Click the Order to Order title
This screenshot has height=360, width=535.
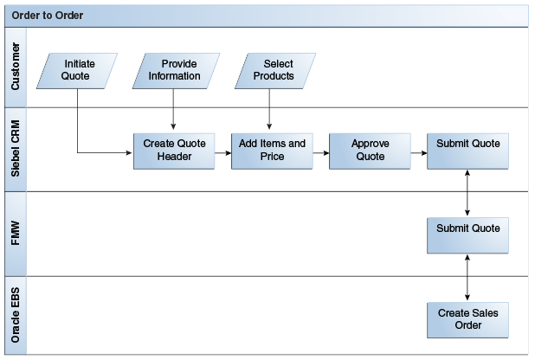pos(48,15)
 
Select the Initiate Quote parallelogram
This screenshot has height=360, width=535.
pos(78,70)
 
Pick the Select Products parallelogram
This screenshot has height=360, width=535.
pos(273,70)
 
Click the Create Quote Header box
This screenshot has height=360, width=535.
pos(173,151)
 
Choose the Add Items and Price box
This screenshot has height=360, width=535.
pos(272,151)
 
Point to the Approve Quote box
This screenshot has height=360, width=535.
pos(371,151)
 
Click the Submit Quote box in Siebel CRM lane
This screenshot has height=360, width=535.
pos(467,151)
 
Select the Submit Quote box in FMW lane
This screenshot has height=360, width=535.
pos(467,235)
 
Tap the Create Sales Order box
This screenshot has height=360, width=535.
pos(467,319)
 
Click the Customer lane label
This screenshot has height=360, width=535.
pos(16,69)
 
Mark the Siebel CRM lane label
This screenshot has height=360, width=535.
pos(16,150)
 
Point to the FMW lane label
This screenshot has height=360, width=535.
pos(16,235)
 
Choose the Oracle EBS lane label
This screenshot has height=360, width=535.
pos(16,316)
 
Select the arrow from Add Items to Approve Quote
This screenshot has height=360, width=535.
pos(320,152)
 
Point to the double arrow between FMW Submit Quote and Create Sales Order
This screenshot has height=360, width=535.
pos(467,277)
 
